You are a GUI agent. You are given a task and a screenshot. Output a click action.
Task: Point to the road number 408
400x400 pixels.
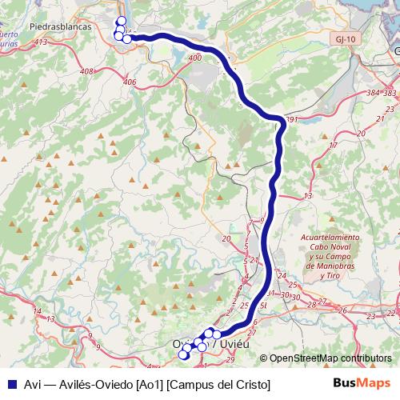click(x=87, y=71)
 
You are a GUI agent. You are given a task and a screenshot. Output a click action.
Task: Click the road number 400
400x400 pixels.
click(x=196, y=58)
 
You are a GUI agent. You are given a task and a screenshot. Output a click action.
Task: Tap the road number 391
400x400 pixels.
click(x=291, y=120)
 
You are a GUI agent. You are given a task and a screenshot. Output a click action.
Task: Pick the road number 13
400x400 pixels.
click(x=308, y=196)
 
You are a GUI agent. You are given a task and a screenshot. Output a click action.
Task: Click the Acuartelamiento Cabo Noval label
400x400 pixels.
click(x=330, y=242)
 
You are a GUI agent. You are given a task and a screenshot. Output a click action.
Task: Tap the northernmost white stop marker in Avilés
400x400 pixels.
click(x=121, y=22)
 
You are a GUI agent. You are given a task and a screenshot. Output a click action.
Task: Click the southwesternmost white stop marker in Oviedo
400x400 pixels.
click(x=183, y=354)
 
